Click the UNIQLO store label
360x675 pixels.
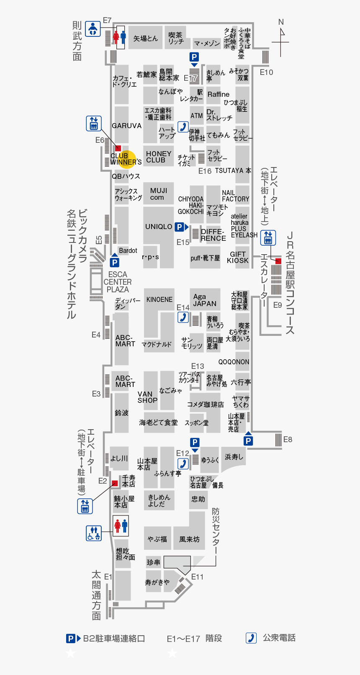click(159, 227)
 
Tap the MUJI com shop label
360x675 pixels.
click(158, 194)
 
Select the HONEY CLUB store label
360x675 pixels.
click(159, 157)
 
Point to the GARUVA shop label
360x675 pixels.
click(126, 126)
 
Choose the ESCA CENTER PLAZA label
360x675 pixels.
click(118, 282)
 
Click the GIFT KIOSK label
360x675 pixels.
click(238, 257)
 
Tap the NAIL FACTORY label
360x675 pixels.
click(235, 196)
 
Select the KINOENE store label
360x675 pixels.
click(159, 300)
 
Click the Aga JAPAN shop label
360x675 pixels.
click(205, 300)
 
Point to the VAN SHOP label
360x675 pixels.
click(147, 397)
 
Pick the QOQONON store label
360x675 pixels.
click(234, 362)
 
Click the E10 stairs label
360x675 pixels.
click(266, 72)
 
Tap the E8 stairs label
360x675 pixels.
click(288, 439)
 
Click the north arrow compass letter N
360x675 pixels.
click(281, 22)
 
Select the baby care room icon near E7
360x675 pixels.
click(93, 29)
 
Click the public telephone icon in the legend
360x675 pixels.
click(251, 638)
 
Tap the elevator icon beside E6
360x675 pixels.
click(93, 124)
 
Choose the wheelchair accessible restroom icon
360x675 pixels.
click(94, 533)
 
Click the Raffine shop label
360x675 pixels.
click(218, 95)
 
